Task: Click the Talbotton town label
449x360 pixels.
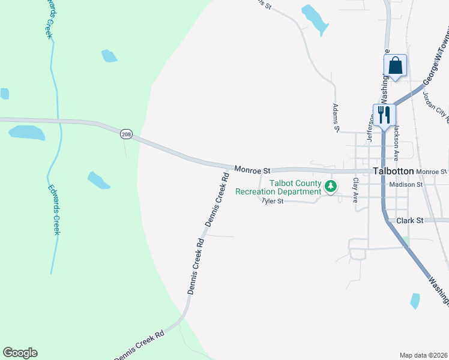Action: [393, 171]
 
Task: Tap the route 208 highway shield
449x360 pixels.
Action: [125, 134]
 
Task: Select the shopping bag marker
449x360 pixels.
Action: [396, 65]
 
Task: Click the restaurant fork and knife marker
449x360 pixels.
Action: [384, 114]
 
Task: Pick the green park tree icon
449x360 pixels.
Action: [330, 187]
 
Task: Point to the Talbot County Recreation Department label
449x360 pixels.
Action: [295, 187]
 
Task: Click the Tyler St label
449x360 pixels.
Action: [273, 202]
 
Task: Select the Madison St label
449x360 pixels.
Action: [406, 185]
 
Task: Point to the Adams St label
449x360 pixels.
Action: [336, 117]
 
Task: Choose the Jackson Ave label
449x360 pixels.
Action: [396, 145]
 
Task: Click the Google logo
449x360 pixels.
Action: [20, 353]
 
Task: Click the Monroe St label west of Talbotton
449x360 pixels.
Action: [253, 170]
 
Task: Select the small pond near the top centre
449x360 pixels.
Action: [315, 20]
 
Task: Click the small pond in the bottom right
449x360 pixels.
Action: [415, 301]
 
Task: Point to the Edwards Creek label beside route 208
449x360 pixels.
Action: [54, 206]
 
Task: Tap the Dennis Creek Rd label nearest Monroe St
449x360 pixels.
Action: [218, 200]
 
